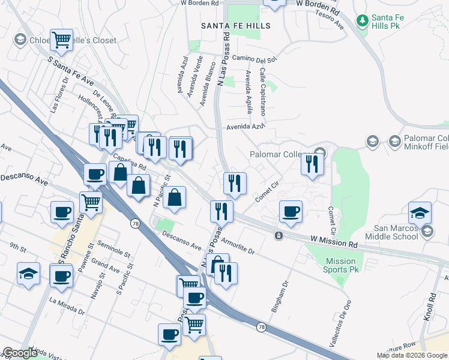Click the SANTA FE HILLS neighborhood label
tap(235, 26)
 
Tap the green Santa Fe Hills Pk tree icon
tap(362, 22)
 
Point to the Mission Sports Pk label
tap(340, 265)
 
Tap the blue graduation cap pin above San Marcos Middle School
tap(420, 212)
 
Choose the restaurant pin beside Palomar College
tap(312, 163)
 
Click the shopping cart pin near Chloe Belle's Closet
tap(62, 40)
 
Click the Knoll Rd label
tap(431, 307)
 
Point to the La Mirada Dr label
tap(67, 305)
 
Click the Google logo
tap(20, 353)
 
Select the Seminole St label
tap(114, 251)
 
